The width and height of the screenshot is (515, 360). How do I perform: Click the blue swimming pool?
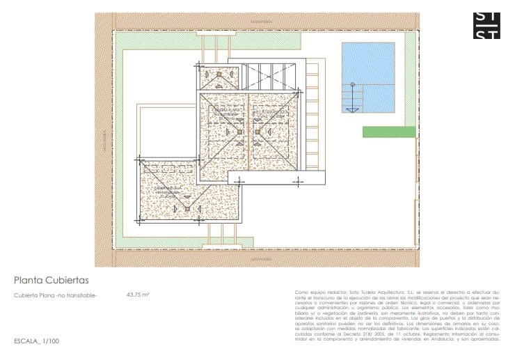tap(368, 77)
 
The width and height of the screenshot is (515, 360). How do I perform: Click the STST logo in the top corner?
tap(486, 26)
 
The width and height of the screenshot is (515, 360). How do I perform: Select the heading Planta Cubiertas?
tap(51, 280)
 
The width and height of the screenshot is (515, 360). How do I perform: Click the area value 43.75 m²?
tap(138, 295)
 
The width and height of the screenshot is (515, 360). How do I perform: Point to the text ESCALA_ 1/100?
tap(36, 341)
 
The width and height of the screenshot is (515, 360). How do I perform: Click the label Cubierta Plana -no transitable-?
tap(56, 295)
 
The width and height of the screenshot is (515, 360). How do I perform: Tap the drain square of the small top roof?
tap(219, 74)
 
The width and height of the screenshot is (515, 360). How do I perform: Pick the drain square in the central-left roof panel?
tap(239, 130)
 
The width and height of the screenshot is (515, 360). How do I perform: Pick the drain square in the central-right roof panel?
tap(257, 130)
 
